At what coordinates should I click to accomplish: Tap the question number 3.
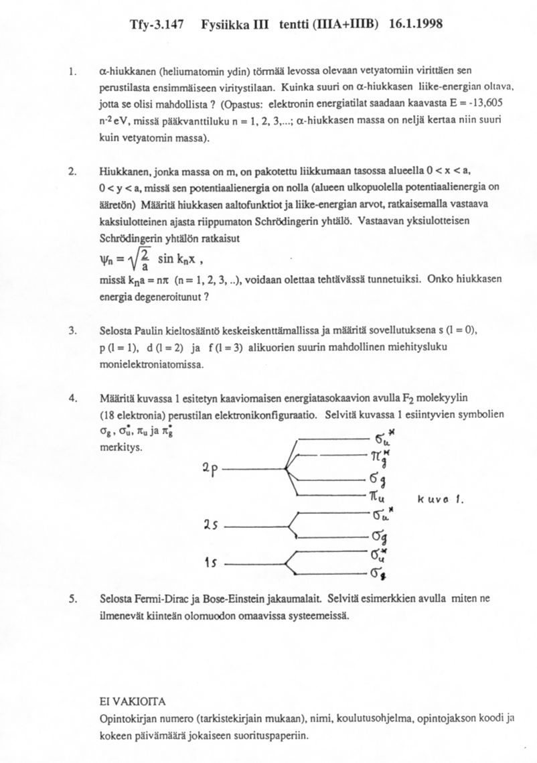(x=72, y=331)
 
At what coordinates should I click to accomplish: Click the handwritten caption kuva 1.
(x=441, y=500)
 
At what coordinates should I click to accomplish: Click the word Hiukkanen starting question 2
(x=121, y=174)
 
